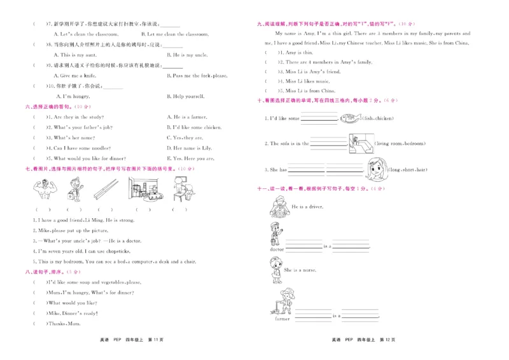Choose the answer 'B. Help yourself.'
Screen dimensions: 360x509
coord(185,96)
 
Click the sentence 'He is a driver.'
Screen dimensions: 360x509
coord(309,207)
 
